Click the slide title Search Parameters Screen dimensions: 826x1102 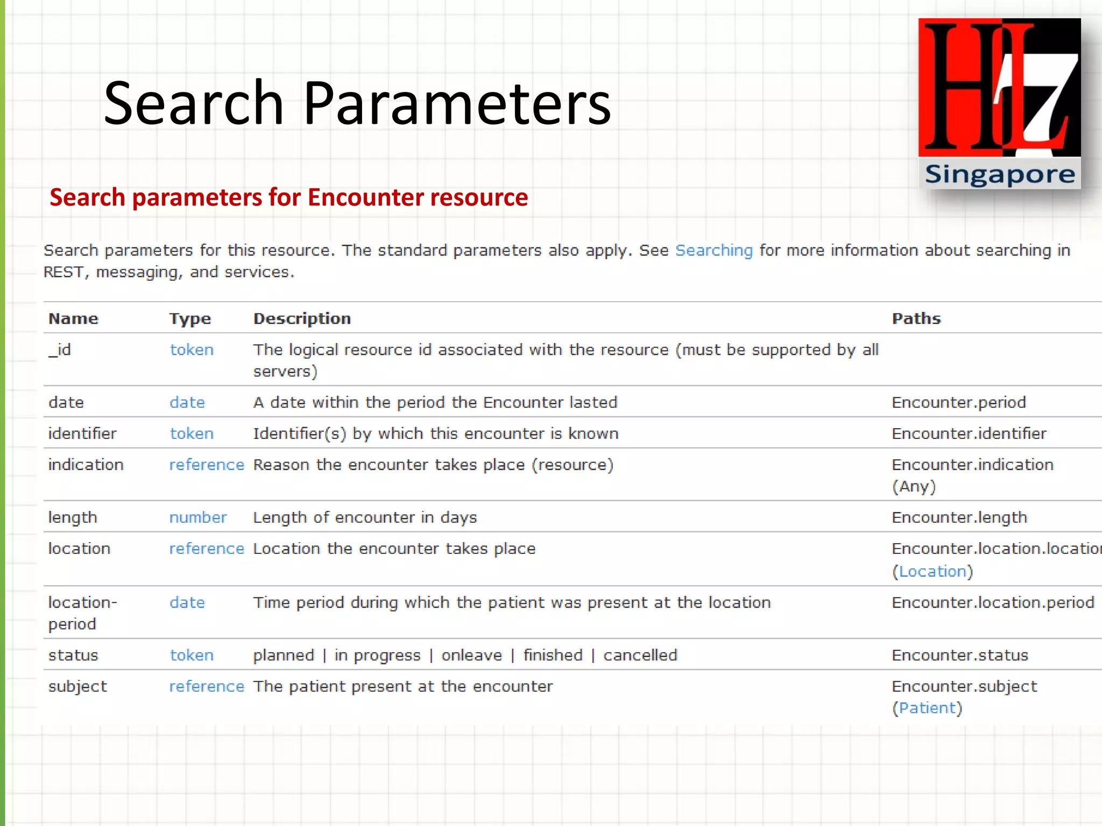click(x=357, y=103)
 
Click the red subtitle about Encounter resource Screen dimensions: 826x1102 click(x=288, y=197)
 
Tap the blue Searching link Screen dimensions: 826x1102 click(x=714, y=251)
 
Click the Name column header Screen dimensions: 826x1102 click(x=73, y=318)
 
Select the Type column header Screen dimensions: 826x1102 click(x=190, y=319)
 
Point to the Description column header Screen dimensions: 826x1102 click(x=302, y=318)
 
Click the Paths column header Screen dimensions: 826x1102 click(x=916, y=318)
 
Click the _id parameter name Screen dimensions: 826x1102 click(x=60, y=350)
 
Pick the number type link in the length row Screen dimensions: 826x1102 click(x=197, y=517)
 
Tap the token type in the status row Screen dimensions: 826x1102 click(x=192, y=655)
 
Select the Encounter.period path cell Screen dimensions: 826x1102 click(x=958, y=402)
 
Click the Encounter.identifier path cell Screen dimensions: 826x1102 click(x=969, y=433)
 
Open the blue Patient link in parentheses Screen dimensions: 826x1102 click(x=927, y=708)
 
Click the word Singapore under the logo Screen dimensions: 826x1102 click(x=999, y=175)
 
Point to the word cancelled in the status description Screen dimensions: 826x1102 click(x=640, y=655)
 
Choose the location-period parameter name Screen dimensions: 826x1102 click(x=82, y=613)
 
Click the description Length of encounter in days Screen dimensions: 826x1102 click(x=365, y=517)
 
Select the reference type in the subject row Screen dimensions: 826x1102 click(x=207, y=686)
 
